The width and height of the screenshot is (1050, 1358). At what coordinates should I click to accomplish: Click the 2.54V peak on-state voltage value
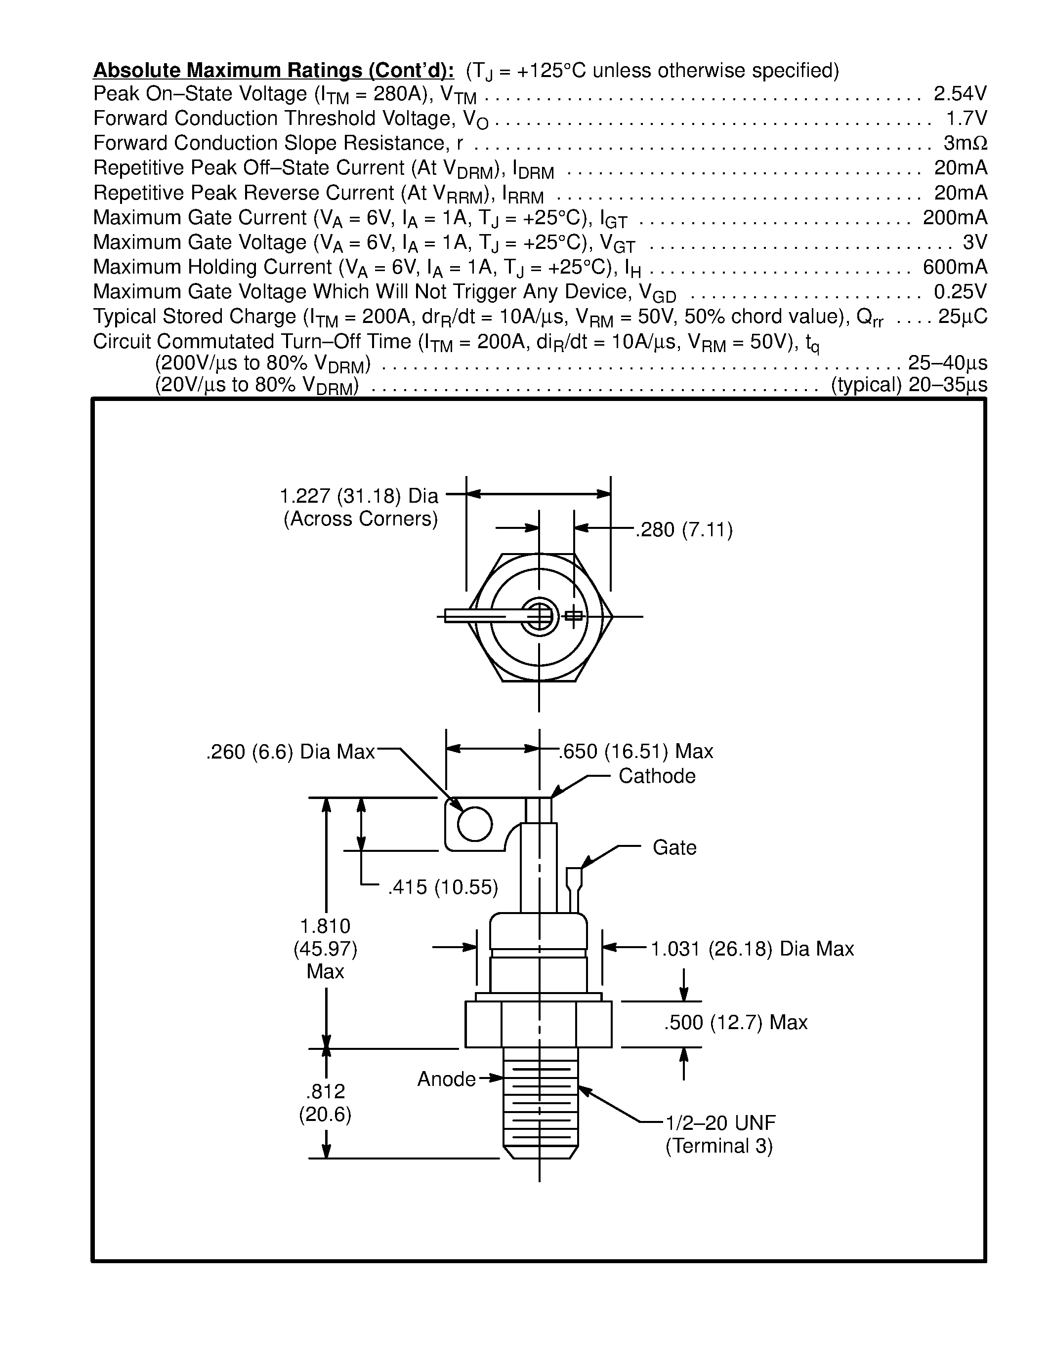coord(960,94)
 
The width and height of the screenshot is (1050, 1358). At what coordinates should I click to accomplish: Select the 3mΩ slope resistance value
coord(965,144)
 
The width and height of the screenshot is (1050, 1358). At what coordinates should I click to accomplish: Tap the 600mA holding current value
coord(955,267)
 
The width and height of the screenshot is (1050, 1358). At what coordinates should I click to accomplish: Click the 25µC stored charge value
coord(962,317)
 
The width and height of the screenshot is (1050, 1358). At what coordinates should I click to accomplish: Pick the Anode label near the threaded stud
coord(446,1079)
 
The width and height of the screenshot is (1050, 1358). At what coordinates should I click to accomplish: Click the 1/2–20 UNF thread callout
coord(720,1123)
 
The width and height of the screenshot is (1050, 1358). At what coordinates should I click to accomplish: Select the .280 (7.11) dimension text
coord(684,530)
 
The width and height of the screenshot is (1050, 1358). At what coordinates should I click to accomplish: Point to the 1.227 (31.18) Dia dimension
coord(359,496)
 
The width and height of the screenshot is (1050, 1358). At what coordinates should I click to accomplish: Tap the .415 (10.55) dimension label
coord(443,887)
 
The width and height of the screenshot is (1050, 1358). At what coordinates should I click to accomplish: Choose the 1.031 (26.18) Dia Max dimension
coord(752,949)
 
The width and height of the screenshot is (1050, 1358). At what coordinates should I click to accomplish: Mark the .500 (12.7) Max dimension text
coord(735,1022)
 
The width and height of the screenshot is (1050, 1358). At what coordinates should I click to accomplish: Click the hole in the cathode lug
coord(475,824)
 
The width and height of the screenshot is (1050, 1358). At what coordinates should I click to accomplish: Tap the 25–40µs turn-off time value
coord(947,362)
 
